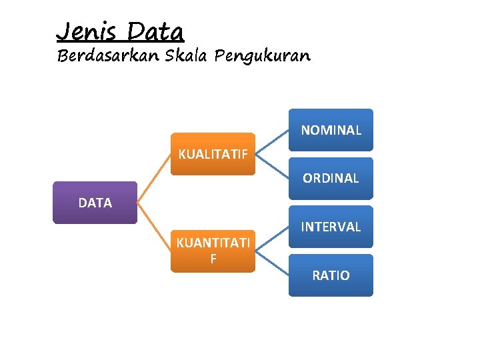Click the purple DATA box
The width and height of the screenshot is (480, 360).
tap(95, 203)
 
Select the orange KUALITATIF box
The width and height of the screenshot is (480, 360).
tap(213, 154)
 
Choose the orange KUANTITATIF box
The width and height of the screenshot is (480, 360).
tap(213, 251)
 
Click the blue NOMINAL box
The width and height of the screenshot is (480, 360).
tap(331, 130)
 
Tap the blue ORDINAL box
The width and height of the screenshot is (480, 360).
tap(331, 178)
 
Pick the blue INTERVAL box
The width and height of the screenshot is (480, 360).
tap(331, 227)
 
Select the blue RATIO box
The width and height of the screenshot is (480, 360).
tap(331, 275)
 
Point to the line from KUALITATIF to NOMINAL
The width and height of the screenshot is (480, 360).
tap(272, 142)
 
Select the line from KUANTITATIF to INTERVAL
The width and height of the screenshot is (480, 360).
tap(272, 239)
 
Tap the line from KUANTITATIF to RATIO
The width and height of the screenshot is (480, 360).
tap(272, 263)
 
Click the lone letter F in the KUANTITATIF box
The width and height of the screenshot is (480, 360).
tap(213, 259)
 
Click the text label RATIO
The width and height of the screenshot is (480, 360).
tap(331, 275)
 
